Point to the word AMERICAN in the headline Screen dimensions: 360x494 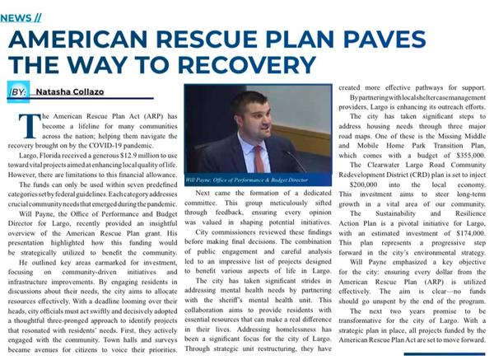[96, 40]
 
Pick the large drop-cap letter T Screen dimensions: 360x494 [30, 124]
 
